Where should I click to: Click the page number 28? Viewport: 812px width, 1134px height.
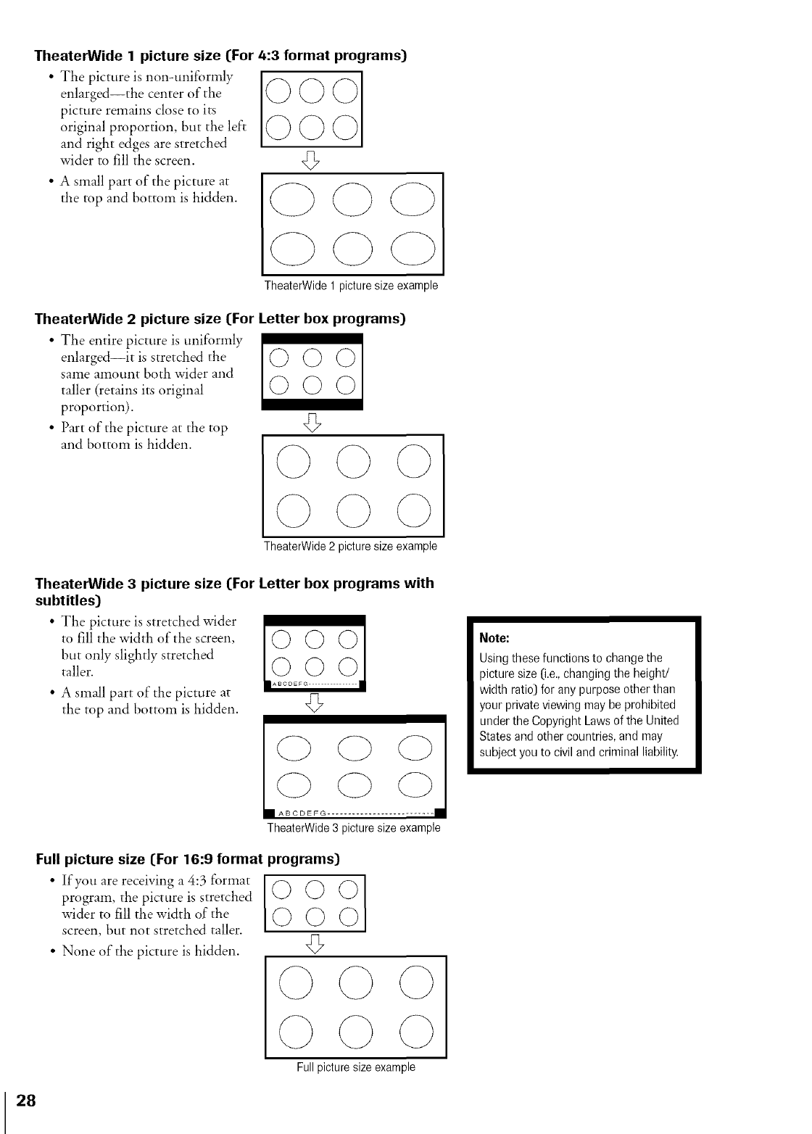(26, 1100)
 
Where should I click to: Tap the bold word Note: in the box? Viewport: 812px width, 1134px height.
(494, 638)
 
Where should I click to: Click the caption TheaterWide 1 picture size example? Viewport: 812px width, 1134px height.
(351, 286)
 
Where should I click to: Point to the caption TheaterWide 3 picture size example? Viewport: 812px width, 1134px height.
(353, 828)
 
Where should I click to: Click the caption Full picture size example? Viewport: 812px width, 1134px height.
(355, 1067)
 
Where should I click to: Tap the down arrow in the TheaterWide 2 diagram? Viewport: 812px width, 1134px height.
(312, 421)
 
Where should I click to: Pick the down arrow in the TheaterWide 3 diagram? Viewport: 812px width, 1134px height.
(314, 703)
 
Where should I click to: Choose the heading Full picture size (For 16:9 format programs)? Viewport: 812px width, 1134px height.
(188, 860)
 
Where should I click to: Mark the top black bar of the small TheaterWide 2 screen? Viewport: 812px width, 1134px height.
(312, 339)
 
